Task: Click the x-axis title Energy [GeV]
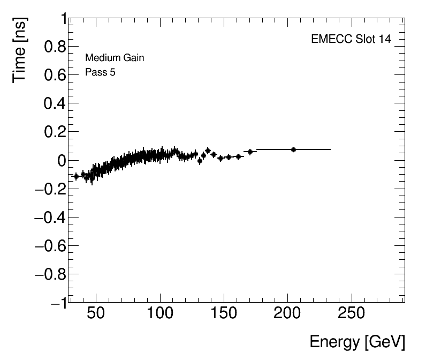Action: click(x=357, y=342)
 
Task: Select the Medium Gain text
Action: click(x=115, y=58)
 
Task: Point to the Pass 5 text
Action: click(x=100, y=72)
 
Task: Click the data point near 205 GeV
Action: click(x=293, y=149)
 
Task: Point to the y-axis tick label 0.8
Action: click(x=55, y=47)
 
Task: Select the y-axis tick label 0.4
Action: click(x=55, y=104)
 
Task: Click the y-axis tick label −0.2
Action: click(x=51, y=189)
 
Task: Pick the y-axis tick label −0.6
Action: click(x=51, y=246)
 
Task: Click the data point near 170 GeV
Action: click(x=250, y=152)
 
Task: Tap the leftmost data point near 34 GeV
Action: click(x=76, y=176)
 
